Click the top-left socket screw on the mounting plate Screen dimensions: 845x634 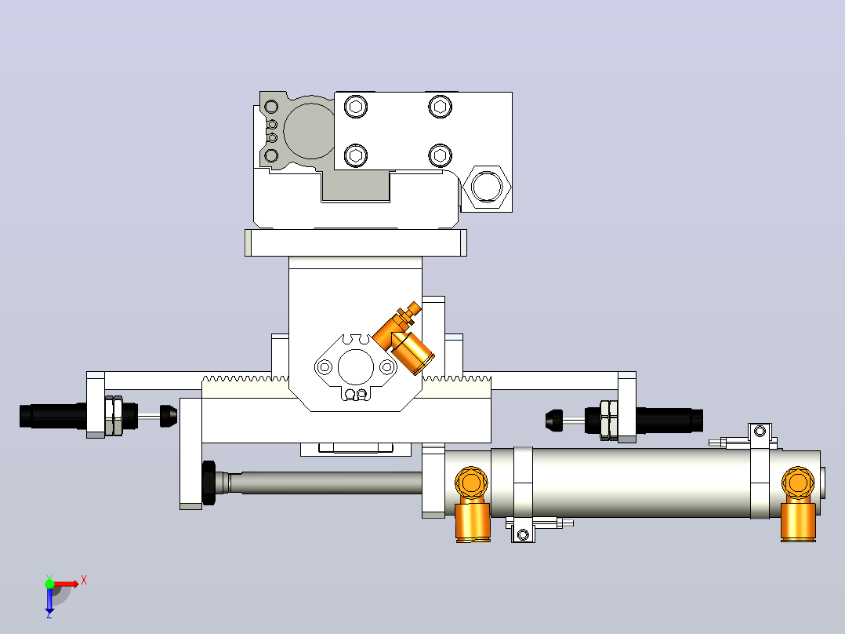(x=356, y=107)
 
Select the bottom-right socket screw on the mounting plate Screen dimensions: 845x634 (x=441, y=156)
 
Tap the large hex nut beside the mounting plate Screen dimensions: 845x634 (x=487, y=186)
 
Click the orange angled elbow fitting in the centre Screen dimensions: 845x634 (x=403, y=338)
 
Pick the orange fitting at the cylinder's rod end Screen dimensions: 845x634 (x=472, y=504)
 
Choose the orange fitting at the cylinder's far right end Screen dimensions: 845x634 (x=798, y=504)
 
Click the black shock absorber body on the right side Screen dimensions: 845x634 (x=670, y=421)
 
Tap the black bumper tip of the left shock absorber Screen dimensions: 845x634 (x=168, y=415)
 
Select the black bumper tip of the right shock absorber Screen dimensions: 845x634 (x=554, y=421)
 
